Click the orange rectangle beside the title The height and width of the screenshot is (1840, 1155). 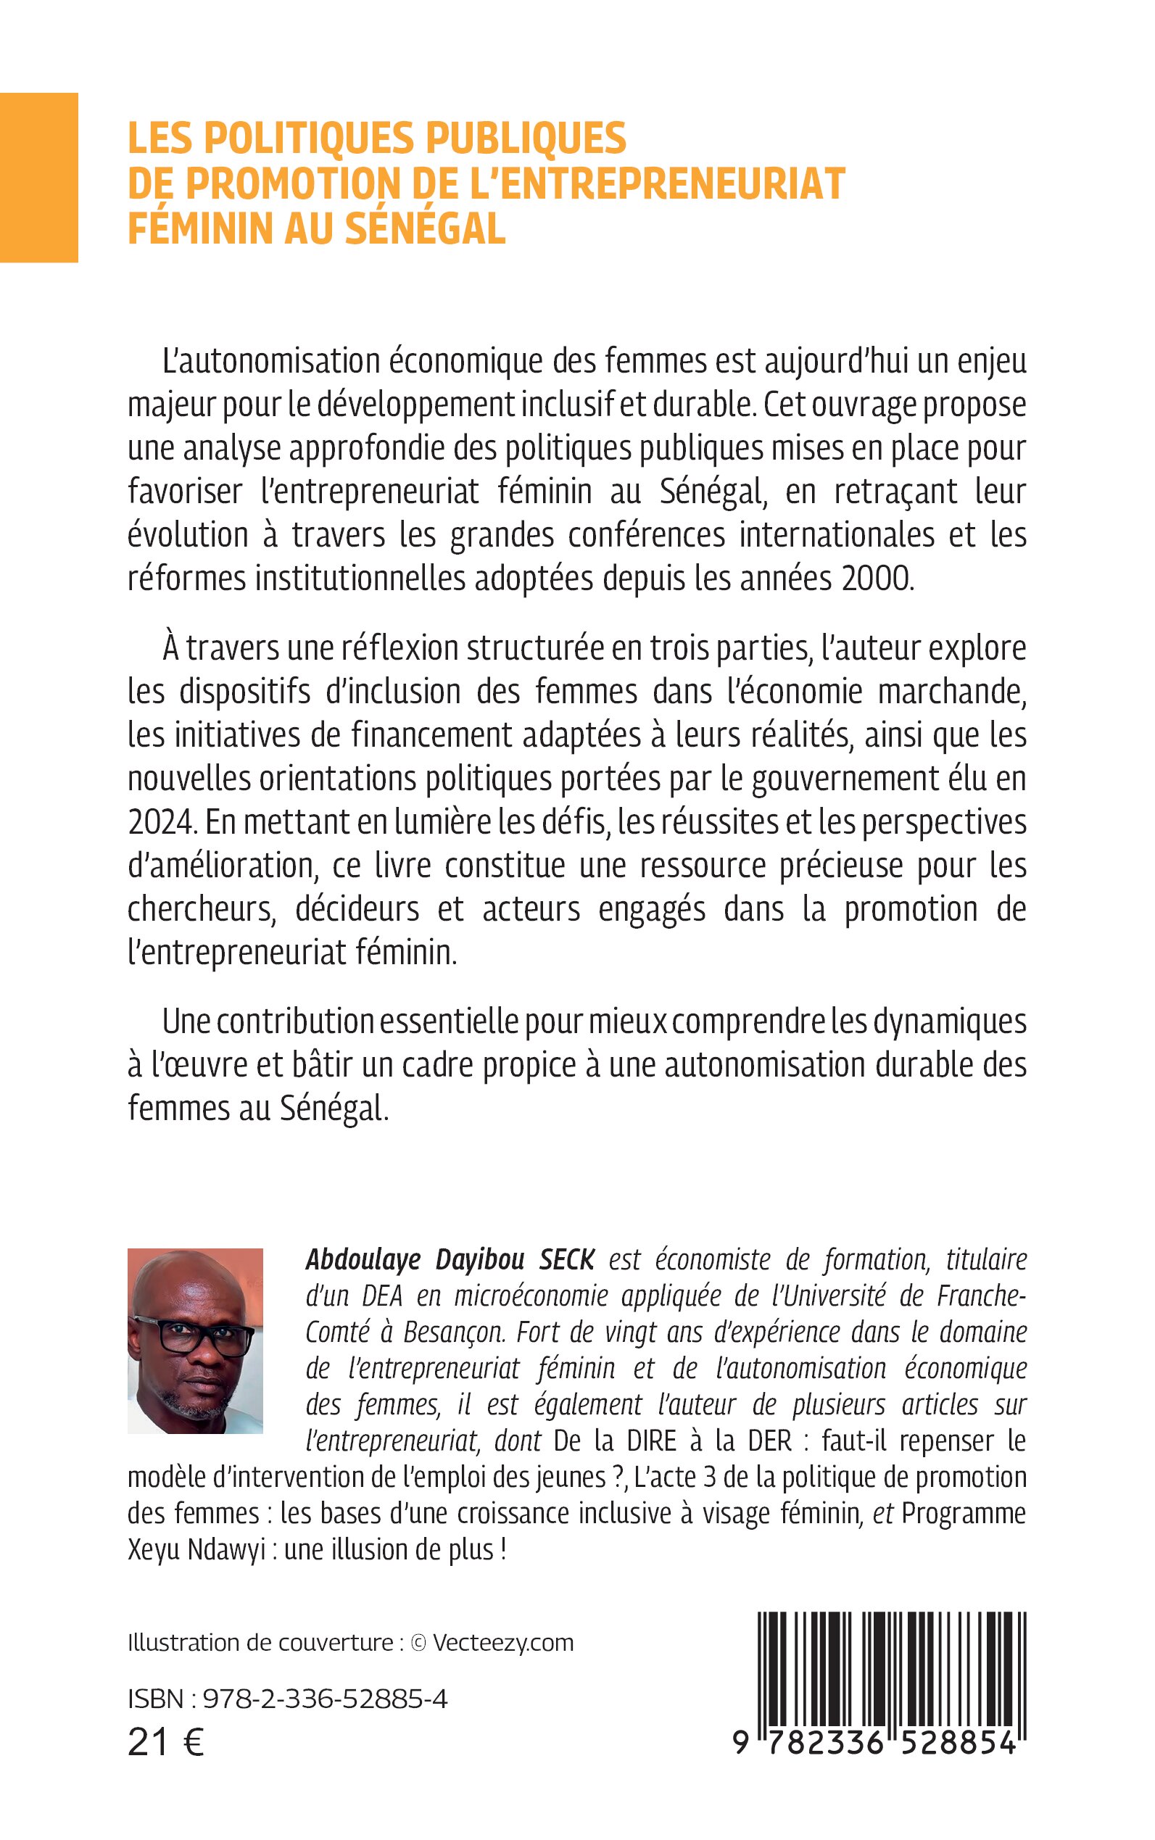point(39,177)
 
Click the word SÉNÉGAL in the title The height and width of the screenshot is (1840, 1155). point(426,228)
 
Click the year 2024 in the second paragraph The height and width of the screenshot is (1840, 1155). point(158,823)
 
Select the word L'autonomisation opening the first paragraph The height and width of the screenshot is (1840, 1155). point(272,361)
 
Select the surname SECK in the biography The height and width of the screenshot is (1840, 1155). point(566,1259)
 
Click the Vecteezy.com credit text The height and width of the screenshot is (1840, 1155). point(502,1643)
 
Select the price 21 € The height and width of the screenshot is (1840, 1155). point(166,1743)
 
